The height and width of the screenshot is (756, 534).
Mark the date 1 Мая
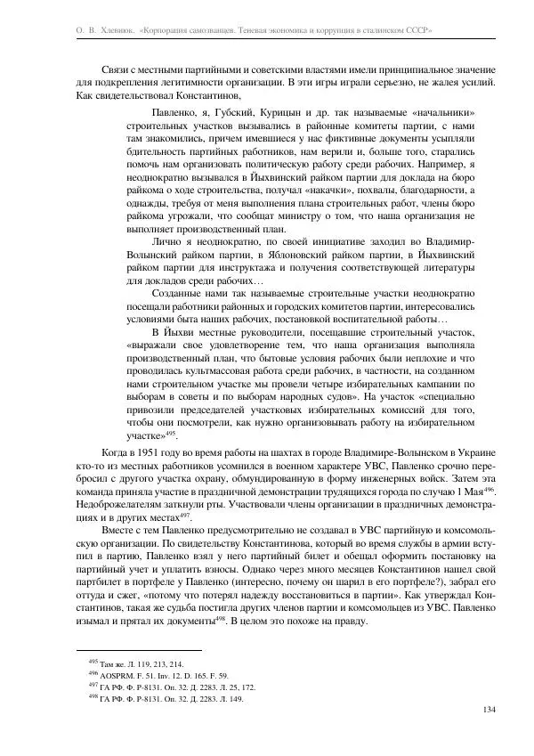[x=471, y=493]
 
